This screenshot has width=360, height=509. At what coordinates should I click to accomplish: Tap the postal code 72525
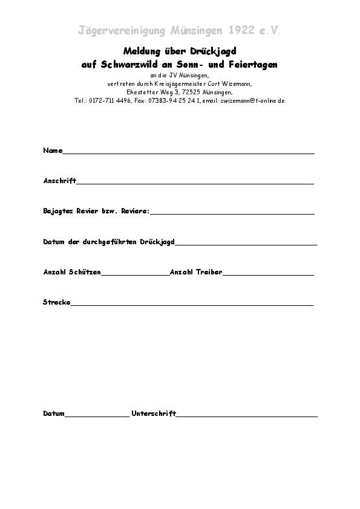click(192, 92)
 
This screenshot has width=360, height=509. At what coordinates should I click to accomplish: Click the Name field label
click(53, 151)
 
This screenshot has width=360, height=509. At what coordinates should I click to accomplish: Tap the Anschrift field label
click(59, 181)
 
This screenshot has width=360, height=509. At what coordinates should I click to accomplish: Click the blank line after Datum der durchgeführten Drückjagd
click(246, 244)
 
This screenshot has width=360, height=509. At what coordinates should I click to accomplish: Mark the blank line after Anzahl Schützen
click(135, 275)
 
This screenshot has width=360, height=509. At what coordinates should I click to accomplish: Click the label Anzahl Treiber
click(196, 273)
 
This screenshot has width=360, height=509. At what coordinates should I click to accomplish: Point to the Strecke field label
click(57, 302)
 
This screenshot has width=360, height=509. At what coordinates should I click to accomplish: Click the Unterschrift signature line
click(246, 416)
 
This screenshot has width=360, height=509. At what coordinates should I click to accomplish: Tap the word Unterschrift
click(154, 413)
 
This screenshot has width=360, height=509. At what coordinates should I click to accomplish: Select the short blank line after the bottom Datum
click(96, 416)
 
